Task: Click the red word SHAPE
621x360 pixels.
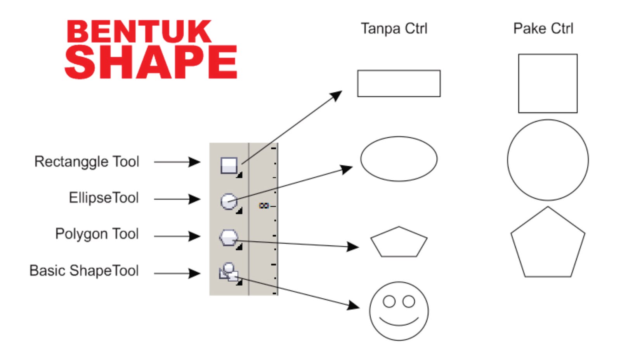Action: (x=151, y=62)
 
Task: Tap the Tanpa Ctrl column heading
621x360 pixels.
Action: (x=394, y=28)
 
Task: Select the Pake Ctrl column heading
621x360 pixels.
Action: (x=543, y=28)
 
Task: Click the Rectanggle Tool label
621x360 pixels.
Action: (x=87, y=161)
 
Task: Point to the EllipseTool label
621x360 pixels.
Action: (x=104, y=198)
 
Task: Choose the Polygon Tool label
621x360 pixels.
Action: (x=97, y=234)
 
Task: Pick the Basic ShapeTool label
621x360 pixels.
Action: (x=84, y=271)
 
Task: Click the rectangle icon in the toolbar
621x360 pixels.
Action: (x=229, y=165)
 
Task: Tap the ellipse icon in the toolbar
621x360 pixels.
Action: (x=229, y=201)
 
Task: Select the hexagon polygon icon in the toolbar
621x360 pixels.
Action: (x=229, y=237)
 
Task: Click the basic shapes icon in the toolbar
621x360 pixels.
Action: (x=229, y=272)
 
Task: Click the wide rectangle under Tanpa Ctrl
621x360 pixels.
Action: (x=399, y=83)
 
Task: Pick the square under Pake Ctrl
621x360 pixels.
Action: (x=548, y=83)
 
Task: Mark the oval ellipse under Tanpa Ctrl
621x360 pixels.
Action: (x=399, y=159)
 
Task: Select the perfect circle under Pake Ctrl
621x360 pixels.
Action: (x=548, y=160)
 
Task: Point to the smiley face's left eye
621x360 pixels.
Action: (x=389, y=301)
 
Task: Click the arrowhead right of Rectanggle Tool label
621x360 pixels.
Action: (x=194, y=162)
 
